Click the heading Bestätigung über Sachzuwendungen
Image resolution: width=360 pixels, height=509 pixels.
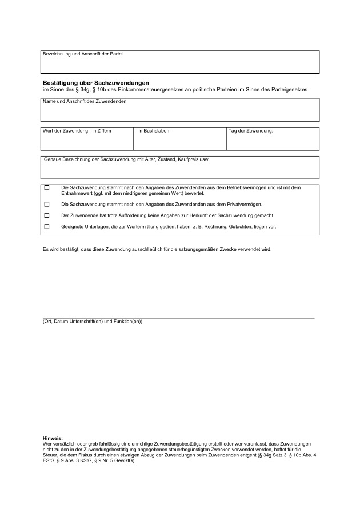95,83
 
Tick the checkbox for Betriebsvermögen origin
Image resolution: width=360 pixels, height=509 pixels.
47,187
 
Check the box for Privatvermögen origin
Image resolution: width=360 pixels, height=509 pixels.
47,204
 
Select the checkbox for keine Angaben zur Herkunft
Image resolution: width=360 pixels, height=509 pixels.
47,215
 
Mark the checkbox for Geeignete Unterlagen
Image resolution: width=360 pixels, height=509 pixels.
47,227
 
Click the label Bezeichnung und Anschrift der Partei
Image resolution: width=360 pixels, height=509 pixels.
82,54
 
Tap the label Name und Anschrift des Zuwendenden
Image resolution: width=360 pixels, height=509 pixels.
85,101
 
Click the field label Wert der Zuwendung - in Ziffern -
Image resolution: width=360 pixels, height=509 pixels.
78,131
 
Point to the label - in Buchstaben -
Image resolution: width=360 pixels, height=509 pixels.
154,131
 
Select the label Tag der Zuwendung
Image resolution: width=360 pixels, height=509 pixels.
251,131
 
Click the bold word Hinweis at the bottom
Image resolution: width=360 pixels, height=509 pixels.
53,438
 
